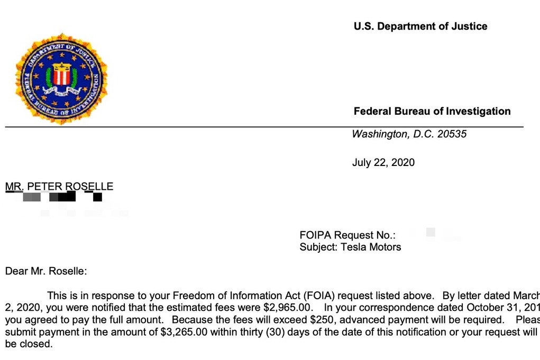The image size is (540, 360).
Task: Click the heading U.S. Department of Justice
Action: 420,26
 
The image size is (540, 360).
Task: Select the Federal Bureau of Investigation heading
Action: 432,112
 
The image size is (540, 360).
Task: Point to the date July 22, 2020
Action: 383,162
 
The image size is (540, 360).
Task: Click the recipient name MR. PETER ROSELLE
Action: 59,187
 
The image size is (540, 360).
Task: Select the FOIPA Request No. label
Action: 347,235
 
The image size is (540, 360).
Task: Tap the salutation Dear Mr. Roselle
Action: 45,272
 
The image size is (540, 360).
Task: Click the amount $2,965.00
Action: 288,307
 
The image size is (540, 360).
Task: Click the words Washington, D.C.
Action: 389,134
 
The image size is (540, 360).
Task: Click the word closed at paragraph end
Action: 37,344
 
